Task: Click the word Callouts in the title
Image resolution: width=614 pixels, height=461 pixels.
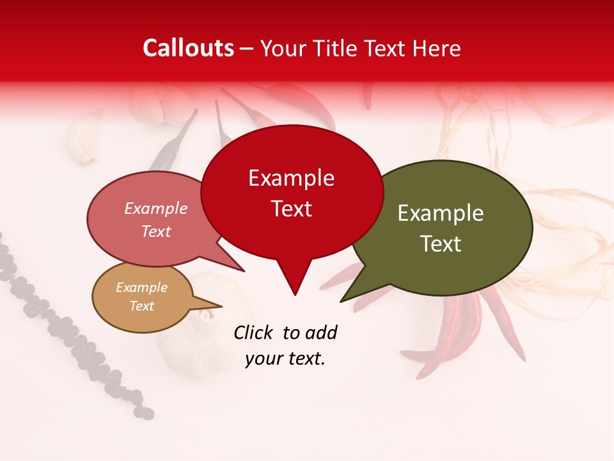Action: pyautogui.click(x=189, y=48)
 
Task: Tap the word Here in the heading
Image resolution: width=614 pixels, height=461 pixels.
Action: pyautogui.click(x=436, y=48)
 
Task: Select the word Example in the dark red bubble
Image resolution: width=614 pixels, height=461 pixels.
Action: pyautogui.click(x=291, y=178)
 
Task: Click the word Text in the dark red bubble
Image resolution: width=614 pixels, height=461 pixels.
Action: pyautogui.click(x=291, y=209)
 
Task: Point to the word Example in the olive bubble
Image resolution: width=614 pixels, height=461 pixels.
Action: pyautogui.click(x=441, y=213)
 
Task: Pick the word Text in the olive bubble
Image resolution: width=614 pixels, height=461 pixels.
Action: pyautogui.click(x=441, y=244)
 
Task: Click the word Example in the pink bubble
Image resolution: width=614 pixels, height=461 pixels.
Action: pyautogui.click(x=156, y=208)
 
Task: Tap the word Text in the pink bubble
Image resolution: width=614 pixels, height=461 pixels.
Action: pyautogui.click(x=156, y=231)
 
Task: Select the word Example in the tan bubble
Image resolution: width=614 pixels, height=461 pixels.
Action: pyautogui.click(x=142, y=287)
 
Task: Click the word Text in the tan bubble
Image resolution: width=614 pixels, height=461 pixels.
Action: pyautogui.click(x=142, y=306)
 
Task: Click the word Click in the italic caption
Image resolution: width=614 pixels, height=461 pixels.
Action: pyautogui.click(x=253, y=332)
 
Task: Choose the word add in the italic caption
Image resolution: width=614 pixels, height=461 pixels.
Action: pyautogui.click(x=320, y=332)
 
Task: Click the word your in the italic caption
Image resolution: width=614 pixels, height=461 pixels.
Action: pyautogui.click(x=262, y=359)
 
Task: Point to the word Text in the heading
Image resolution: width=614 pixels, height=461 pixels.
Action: pyautogui.click(x=387, y=48)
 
